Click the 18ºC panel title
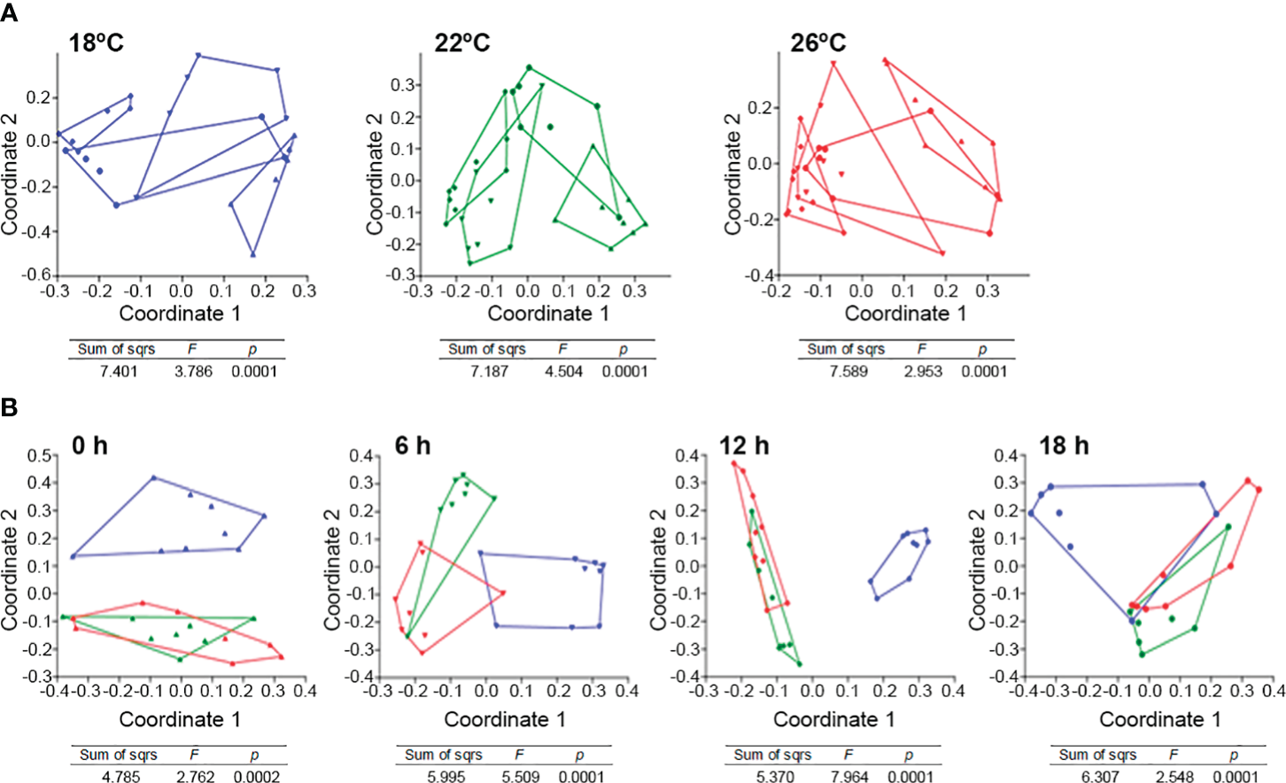pyautogui.click(x=97, y=42)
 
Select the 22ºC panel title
pyautogui.click(x=461, y=42)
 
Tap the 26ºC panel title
pyautogui.click(x=817, y=42)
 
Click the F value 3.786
pyautogui.click(x=193, y=371)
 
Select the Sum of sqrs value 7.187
pyautogui.click(x=489, y=371)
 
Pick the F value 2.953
pyautogui.click(x=923, y=371)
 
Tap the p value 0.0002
pyautogui.click(x=257, y=777)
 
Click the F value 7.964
pyautogui.click(x=849, y=777)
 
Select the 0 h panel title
pyautogui.click(x=89, y=445)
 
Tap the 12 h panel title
pyautogui.click(x=744, y=445)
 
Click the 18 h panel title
pyautogui.click(x=1064, y=445)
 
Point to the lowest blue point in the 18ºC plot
pyautogui.click(x=253, y=254)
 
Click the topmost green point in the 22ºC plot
pyautogui.click(x=529, y=67)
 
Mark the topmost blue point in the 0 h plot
pyautogui.click(x=153, y=477)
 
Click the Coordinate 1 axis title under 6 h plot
pyautogui.click(x=504, y=719)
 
